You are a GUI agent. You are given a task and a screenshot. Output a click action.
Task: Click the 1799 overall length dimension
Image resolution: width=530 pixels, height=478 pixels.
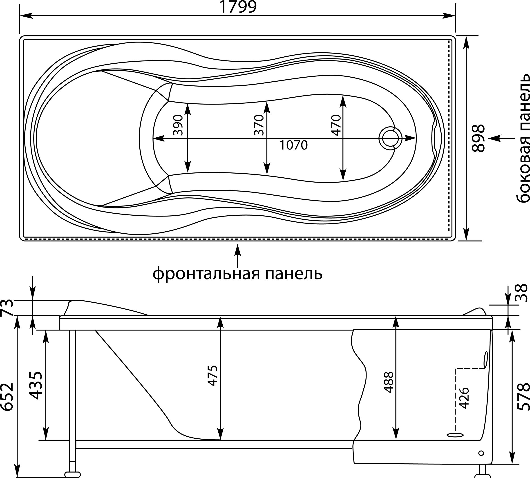(238, 7)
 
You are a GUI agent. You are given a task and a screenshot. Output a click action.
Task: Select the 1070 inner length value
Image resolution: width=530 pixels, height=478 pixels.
(293, 145)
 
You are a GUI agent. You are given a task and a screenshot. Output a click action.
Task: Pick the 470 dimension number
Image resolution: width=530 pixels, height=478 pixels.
(336, 125)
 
